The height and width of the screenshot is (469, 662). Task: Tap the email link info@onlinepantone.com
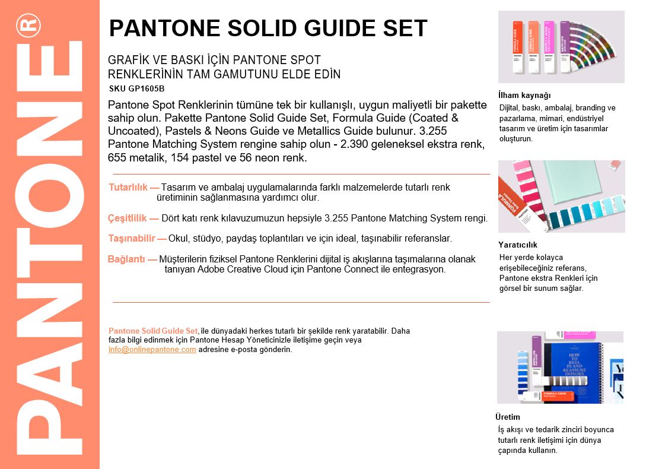152,350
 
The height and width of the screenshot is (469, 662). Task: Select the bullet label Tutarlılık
128,188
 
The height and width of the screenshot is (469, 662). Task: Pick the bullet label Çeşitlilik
128,218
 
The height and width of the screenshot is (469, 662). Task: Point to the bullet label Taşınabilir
132,239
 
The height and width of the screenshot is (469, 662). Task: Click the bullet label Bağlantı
126,259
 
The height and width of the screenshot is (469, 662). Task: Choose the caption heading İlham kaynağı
524,96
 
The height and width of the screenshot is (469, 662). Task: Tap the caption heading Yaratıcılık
518,245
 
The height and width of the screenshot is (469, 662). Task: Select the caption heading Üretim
508,417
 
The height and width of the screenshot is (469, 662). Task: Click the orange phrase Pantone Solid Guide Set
153,331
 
